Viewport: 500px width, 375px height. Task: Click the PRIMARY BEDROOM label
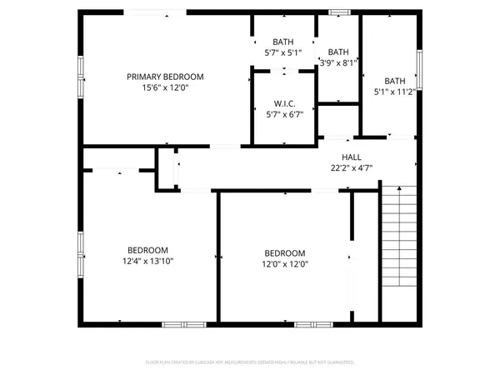[165, 77]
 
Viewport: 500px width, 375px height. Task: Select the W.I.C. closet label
[285, 103]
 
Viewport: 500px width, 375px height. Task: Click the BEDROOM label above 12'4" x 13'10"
[148, 250]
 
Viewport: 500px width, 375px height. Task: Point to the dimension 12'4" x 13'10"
[148, 261]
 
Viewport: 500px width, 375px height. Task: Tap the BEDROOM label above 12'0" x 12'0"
[285, 253]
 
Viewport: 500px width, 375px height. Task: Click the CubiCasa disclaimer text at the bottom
[250, 362]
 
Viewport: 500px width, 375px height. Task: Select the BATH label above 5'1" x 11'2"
[395, 81]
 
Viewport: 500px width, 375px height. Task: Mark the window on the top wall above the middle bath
[339, 12]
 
